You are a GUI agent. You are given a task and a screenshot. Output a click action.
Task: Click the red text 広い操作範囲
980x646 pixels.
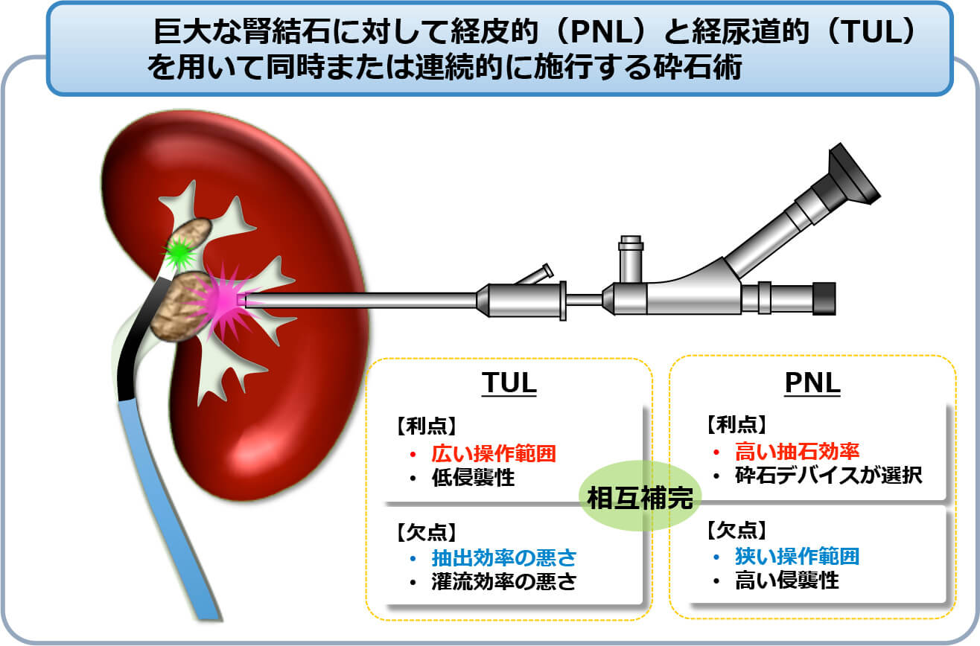click(494, 453)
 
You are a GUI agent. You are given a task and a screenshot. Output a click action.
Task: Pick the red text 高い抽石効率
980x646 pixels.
click(798, 451)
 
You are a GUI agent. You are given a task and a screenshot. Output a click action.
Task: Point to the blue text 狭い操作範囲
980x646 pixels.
click(798, 556)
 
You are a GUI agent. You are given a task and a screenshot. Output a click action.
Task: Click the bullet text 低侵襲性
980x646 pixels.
click(473, 477)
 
